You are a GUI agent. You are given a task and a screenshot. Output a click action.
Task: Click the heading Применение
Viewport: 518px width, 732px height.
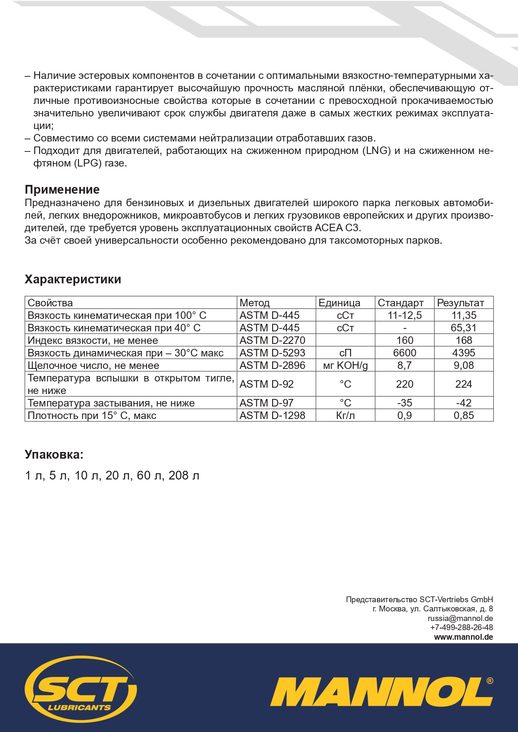click(x=62, y=190)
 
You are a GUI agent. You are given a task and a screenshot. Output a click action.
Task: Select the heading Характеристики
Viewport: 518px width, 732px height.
click(x=73, y=279)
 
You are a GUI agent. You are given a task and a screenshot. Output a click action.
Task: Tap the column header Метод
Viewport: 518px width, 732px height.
click(x=255, y=303)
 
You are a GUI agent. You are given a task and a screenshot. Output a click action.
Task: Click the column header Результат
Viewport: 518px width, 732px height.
click(x=460, y=303)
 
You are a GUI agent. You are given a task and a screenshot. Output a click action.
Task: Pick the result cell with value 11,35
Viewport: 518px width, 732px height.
click(x=464, y=315)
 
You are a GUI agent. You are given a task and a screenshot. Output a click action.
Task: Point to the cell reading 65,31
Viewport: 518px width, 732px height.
click(x=464, y=328)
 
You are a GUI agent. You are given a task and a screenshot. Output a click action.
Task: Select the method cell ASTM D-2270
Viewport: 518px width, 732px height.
click(x=272, y=340)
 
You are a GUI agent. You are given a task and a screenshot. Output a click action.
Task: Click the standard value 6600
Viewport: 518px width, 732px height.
click(x=404, y=353)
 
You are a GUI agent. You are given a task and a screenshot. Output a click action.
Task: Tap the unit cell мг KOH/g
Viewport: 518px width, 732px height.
click(x=345, y=366)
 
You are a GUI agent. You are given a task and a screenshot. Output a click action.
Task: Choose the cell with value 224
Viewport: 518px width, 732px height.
click(x=464, y=384)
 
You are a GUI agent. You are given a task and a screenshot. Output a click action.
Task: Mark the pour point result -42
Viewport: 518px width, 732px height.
click(x=464, y=403)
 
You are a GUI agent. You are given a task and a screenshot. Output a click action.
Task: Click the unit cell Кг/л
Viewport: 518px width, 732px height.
click(x=345, y=415)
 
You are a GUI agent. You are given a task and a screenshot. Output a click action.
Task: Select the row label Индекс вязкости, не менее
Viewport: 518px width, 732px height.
click(x=93, y=340)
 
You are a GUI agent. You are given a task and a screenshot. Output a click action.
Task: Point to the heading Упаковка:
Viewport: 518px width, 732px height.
click(x=54, y=454)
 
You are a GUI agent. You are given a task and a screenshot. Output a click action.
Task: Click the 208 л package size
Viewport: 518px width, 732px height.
click(x=184, y=475)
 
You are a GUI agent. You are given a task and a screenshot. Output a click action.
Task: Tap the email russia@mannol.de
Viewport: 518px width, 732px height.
click(x=460, y=618)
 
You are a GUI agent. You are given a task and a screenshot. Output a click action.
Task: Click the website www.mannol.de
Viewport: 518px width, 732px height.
click(x=463, y=637)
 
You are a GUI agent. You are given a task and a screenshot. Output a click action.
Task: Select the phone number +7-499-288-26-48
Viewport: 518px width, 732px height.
click(x=461, y=628)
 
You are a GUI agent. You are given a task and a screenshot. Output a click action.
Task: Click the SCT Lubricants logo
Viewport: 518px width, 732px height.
click(x=81, y=689)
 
